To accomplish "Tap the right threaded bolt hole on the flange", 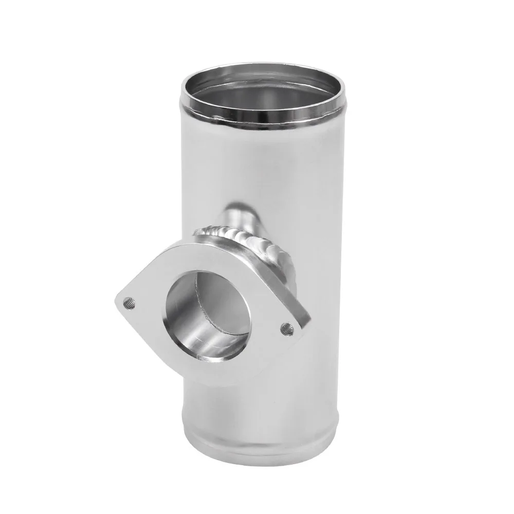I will (285, 325).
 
